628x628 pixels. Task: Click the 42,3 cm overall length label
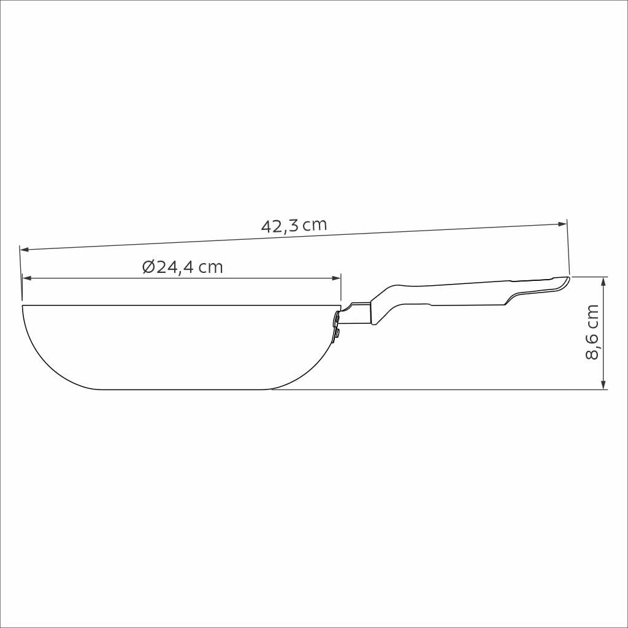[x=294, y=226]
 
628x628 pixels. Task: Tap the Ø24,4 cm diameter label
[x=183, y=267]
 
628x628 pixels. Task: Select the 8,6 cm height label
[x=592, y=332]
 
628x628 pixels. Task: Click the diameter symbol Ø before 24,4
[x=149, y=267]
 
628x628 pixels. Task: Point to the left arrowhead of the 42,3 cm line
[x=24, y=250]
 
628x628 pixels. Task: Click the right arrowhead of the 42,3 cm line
[x=563, y=224]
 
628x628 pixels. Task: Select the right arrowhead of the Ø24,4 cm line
[x=337, y=278]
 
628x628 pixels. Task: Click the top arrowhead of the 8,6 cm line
[x=603, y=281]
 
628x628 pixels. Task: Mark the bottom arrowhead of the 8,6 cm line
[x=603, y=385]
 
